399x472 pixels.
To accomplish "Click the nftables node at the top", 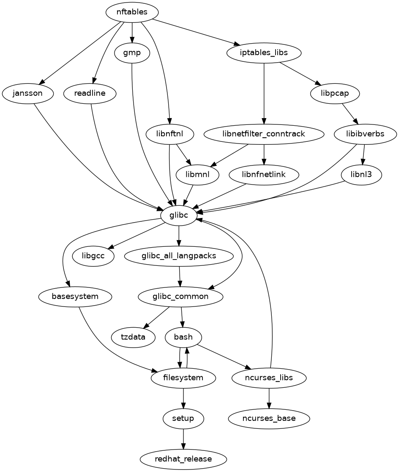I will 132,12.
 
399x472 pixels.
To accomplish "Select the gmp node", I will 132,53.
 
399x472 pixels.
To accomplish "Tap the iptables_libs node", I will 264,53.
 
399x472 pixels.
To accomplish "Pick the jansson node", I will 28,93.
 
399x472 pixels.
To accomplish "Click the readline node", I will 90,93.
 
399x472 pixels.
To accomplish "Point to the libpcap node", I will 335,93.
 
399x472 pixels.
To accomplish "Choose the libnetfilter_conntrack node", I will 264,134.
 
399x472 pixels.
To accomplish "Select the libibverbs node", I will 365,134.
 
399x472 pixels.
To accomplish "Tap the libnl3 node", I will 361,174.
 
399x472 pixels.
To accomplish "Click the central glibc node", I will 179,215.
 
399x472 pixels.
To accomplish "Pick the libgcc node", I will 93,256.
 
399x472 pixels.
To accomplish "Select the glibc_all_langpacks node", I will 179,256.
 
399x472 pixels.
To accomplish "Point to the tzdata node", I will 133,337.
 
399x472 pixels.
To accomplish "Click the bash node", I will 183,337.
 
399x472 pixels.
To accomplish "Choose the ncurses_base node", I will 269,419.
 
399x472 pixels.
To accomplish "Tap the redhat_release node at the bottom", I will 183,459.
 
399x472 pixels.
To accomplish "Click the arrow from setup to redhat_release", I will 183,439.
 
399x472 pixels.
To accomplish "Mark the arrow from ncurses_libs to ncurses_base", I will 269,398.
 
